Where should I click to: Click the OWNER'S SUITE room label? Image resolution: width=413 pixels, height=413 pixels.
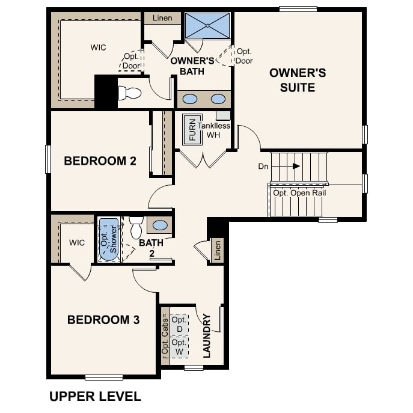click(298, 80)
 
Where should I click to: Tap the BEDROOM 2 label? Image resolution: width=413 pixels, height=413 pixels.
click(100, 161)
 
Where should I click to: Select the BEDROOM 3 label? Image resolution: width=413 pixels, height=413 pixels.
click(103, 320)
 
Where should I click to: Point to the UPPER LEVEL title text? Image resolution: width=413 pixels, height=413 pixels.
click(95, 397)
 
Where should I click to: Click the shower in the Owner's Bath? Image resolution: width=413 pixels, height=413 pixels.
click(208, 25)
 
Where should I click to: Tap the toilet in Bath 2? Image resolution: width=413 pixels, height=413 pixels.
click(135, 227)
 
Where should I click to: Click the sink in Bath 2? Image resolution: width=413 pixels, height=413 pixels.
click(161, 225)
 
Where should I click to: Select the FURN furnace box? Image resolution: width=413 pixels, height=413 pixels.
click(192, 129)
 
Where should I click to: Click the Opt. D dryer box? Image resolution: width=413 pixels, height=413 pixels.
click(179, 324)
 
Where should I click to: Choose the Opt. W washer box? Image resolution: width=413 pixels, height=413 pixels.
click(179, 346)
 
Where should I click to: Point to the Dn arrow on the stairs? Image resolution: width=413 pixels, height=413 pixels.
click(296, 166)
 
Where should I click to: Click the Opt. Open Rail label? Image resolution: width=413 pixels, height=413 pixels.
click(299, 193)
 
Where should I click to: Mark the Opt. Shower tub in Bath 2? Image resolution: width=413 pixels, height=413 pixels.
click(109, 239)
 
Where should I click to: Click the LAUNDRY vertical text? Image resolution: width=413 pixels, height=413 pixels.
click(207, 335)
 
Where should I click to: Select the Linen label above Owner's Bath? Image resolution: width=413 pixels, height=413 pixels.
click(162, 18)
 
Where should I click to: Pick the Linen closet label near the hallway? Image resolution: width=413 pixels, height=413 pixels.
click(218, 251)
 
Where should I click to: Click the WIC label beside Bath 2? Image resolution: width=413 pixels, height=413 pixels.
click(77, 243)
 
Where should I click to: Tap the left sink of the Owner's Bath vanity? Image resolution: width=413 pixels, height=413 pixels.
click(190, 99)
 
